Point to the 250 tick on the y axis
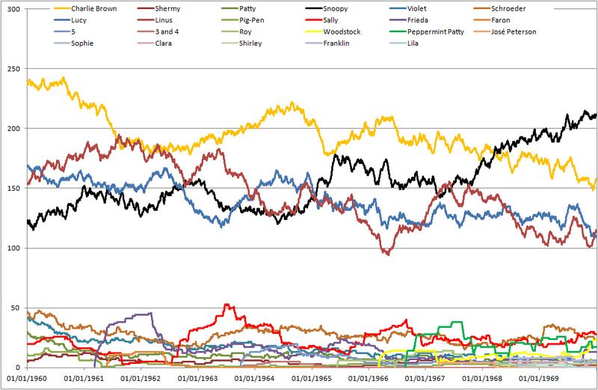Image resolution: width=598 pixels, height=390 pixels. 13,69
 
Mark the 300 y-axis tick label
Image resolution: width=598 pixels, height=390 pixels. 13,9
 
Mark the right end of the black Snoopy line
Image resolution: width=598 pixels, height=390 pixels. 596,115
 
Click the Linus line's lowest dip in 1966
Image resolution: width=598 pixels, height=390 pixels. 386,255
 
